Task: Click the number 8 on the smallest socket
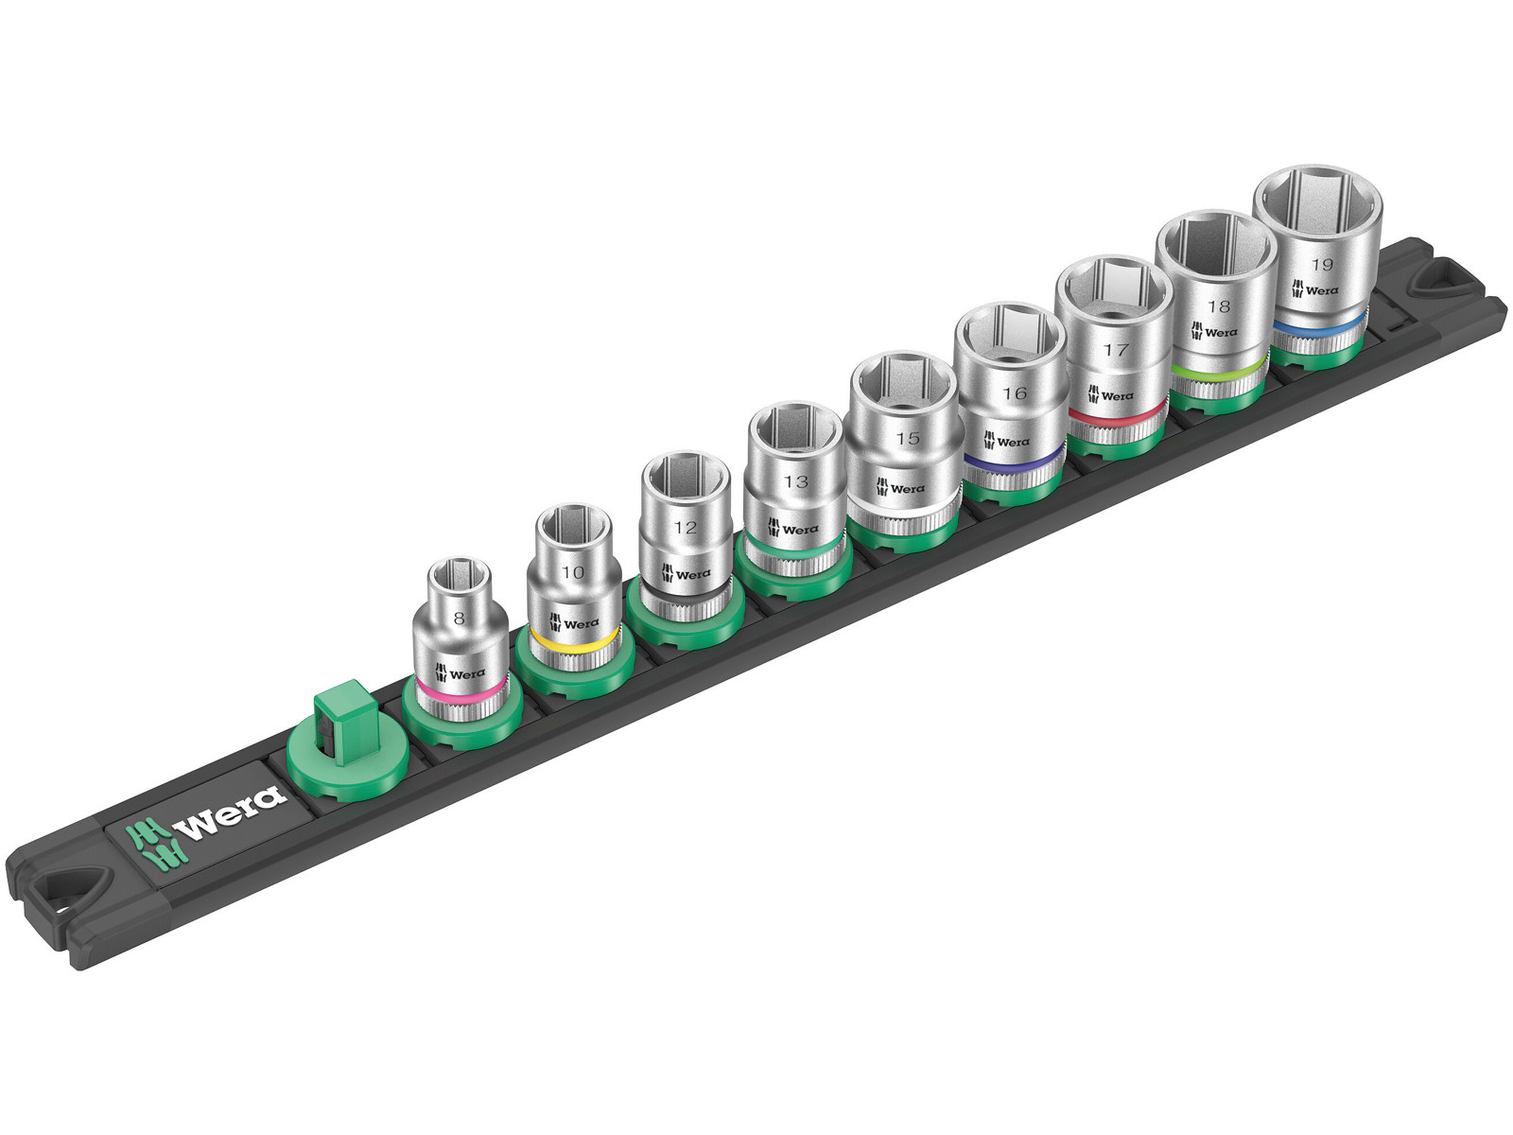tap(460, 619)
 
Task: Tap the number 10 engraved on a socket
tap(573, 572)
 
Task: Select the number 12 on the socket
tap(686, 527)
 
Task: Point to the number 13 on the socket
tap(796, 481)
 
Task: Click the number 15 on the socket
tap(908, 438)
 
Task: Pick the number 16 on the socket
tap(1015, 393)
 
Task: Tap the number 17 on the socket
tap(1115, 350)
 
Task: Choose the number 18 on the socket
tap(1219, 306)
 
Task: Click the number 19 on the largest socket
tap(1321, 265)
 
